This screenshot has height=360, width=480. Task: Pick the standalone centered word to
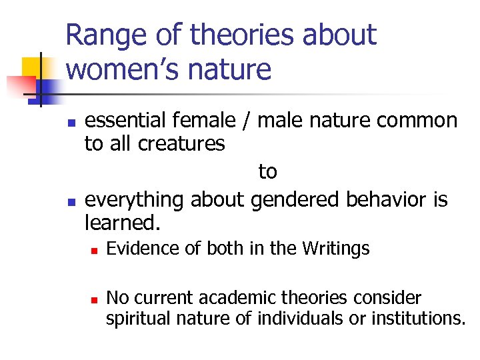pyautogui.click(x=267, y=171)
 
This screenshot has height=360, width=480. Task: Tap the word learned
pyautogui.click(x=123, y=222)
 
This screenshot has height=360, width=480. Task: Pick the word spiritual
pyautogui.click(x=139, y=319)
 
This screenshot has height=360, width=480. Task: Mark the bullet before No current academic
pyautogui.click(x=95, y=299)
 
